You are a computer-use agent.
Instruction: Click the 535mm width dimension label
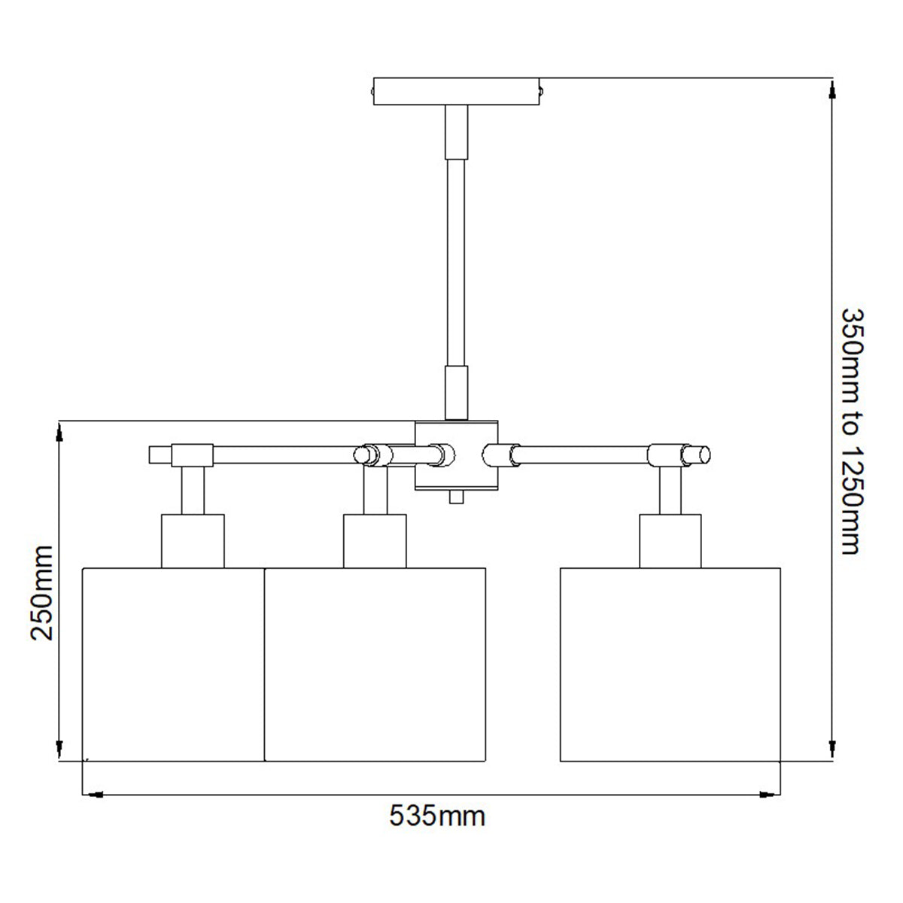437,816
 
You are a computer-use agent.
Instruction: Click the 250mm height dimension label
42,592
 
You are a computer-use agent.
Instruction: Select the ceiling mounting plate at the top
457,92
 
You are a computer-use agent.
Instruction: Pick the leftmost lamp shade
172,664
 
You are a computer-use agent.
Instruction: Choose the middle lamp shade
375,664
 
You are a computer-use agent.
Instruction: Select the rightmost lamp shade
670,664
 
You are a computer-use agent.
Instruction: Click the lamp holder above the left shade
193,540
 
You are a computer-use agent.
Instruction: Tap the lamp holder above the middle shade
375,540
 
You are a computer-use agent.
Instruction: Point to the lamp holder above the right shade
670,540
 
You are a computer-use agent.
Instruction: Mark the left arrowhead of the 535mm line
92,793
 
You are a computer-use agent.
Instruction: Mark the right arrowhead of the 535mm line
770,793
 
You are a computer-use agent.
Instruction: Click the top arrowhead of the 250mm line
59,432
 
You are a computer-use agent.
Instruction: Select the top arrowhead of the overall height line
832,89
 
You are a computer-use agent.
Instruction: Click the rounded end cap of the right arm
702,455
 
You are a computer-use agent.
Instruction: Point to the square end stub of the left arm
160,455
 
